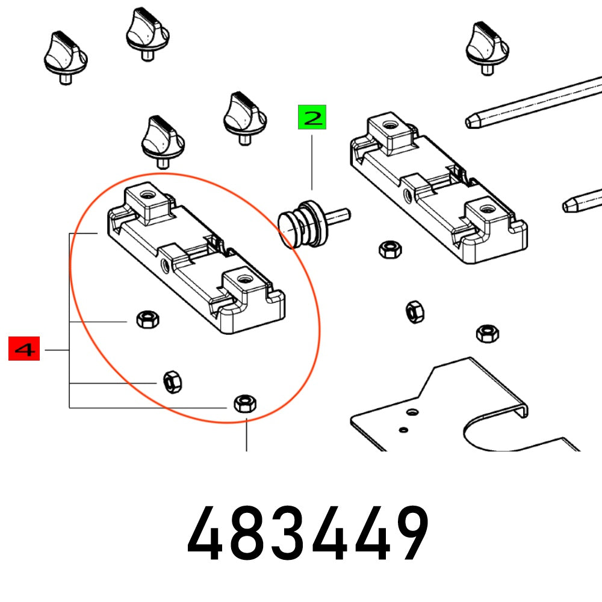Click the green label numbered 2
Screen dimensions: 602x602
[311, 117]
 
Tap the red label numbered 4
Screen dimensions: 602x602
[24, 349]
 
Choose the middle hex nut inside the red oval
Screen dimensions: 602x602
[172, 381]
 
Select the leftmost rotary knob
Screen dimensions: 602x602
[66, 57]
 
